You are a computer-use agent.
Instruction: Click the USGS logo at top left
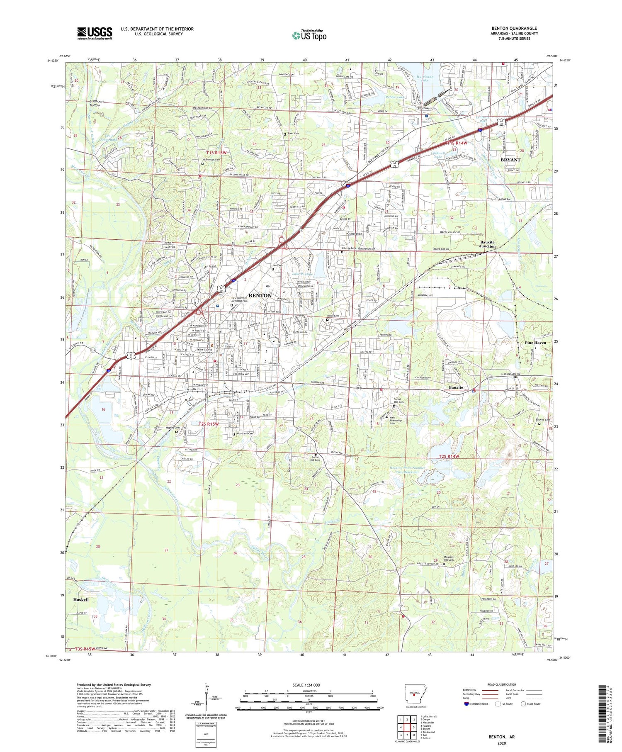[95, 33]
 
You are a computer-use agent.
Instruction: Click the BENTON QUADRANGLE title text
[514, 28]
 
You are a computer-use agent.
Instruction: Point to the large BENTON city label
[260, 295]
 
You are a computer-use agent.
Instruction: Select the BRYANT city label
[510, 160]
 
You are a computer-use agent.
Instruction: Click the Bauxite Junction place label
[487, 244]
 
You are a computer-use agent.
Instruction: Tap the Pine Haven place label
[535, 343]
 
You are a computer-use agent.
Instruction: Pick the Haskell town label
[81, 600]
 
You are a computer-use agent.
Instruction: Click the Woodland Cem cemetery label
[245, 433]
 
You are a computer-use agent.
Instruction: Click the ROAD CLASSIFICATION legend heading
[502, 684]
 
